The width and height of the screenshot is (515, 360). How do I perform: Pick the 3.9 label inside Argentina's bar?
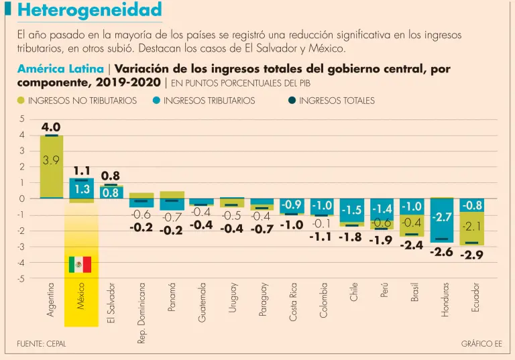tap(51, 160)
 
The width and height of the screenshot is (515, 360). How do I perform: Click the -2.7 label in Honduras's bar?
tap(441, 217)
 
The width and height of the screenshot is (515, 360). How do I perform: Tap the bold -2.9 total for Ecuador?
tap(471, 255)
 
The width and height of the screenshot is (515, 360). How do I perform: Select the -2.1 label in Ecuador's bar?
tap(471, 226)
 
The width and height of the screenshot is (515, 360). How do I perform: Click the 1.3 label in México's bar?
tap(81, 190)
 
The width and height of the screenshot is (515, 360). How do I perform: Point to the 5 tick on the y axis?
tap(22, 119)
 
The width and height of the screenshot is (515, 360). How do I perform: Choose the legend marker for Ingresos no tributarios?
tap(21, 101)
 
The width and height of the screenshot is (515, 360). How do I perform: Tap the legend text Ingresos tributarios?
tap(209, 101)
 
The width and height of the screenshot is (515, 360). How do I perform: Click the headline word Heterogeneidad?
tap(89, 10)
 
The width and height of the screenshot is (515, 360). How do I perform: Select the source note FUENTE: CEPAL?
tap(42, 344)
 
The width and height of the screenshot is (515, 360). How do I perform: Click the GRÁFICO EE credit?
tap(481, 344)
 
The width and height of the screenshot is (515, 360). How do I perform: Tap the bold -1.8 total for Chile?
tap(350, 237)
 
